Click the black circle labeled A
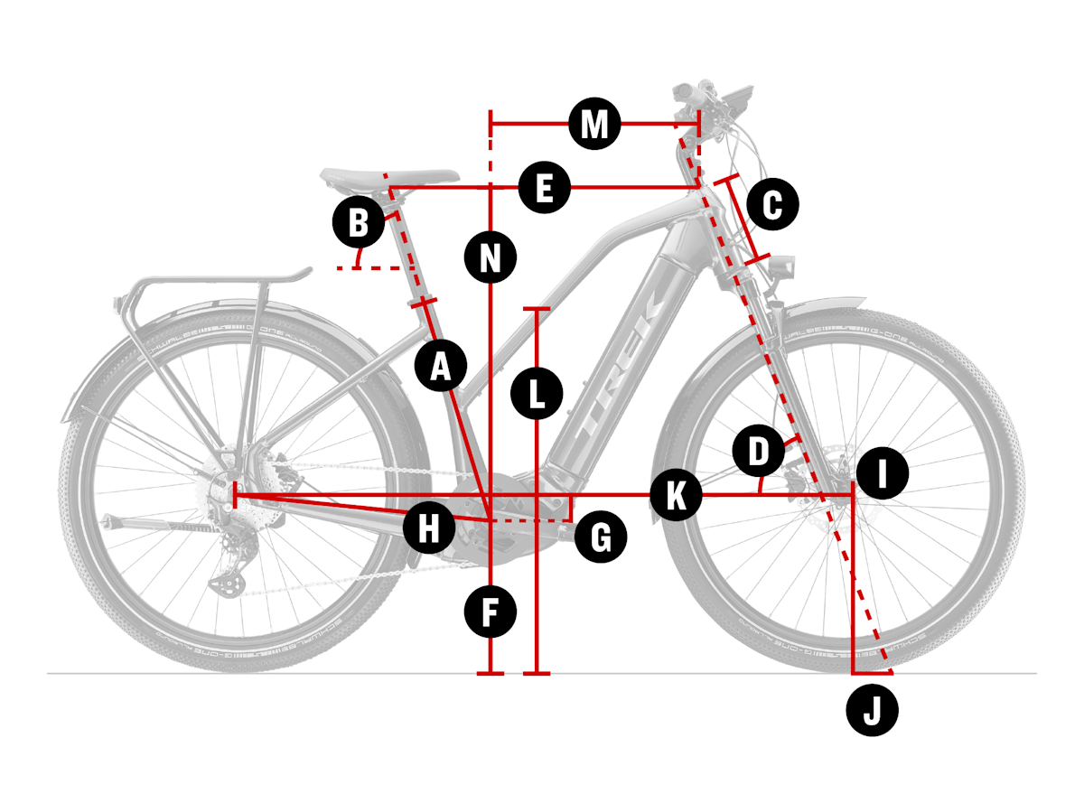[x=441, y=367]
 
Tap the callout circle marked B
[x=359, y=222]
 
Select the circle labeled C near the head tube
[x=773, y=205]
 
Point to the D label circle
[x=759, y=452]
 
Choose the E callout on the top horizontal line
[x=544, y=189]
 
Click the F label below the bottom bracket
[x=491, y=612]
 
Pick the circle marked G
[x=600, y=538]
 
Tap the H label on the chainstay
[x=429, y=528]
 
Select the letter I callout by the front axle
[x=883, y=473]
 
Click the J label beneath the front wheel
[x=873, y=711]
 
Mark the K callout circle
[x=676, y=495]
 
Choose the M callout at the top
[x=594, y=124]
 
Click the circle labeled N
[x=491, y=259]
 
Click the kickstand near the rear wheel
[x=154, y=526]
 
